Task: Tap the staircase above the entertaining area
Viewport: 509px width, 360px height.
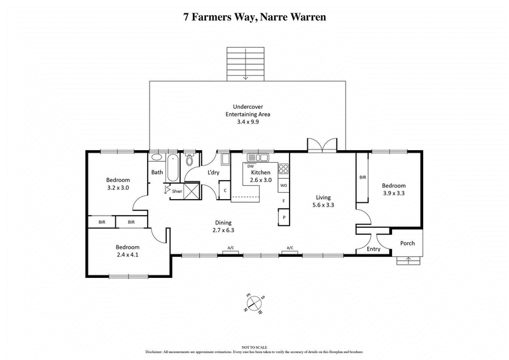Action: pyautogui.click(x=245, y=64)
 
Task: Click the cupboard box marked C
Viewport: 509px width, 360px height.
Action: pyautogui.click(x=225, y=190)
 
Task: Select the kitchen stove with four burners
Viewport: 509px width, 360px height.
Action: pyautogui.click(x=284, y=169)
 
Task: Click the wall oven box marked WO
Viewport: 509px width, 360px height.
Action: pyautogui.click(x=283, y=185)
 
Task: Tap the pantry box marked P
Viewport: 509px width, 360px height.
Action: pyautogui.click(x=283, y=217)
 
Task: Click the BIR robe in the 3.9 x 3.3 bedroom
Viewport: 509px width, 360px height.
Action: pyautogui.click(x=362, y=177)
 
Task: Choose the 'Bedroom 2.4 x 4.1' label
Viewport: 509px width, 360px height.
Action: pyautogui.click(x=127, y=251)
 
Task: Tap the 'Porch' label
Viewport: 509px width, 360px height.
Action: pyautogui.click(x=407, y=244)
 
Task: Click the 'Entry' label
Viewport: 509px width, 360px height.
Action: pyautogui.click(x=373, y=250)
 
